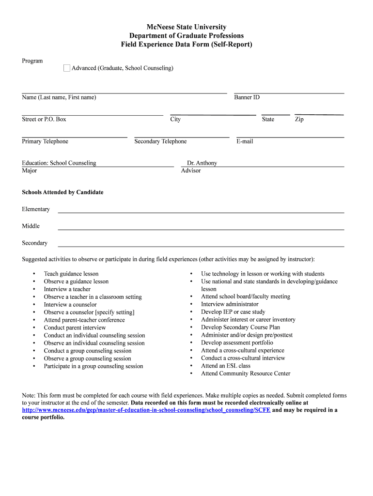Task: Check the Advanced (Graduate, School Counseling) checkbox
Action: click(x=67, y=68)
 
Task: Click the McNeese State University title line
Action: click(x=186, y=27)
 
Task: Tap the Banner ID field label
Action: click(x=247, y=97)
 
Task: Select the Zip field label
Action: click(x=299, y=119)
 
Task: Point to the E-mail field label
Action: click(x=245, y=141)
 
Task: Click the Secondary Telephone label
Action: click(x=160, y=141)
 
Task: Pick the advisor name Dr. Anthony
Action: click(x=202, y=163)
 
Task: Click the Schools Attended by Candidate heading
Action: click(x=62, y=192)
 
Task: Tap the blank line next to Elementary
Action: click(x=201, y=211)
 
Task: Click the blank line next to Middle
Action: click(x=201, y=228)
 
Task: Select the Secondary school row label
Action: click(x=34, y=243)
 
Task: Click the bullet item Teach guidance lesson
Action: click(x=71, y=274)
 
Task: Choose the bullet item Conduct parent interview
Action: click(x=75, y=327)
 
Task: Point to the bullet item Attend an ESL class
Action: click(x=226, y=366)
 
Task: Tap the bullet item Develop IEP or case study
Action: click(x=233, y=312)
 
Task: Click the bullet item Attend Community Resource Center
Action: click(x=246, y=373)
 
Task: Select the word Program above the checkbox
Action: click(x=32, y=61)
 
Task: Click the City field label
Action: click(x=175, y=119)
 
